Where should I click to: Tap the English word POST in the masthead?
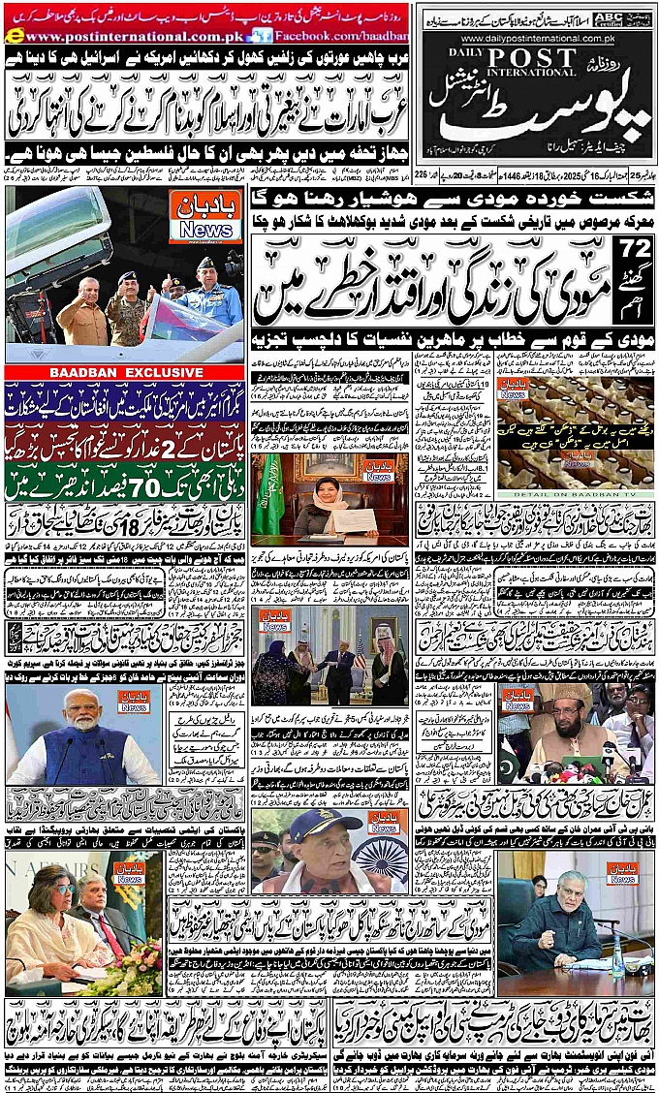coord(524,57)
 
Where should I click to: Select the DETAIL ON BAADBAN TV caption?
coord(578,494)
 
